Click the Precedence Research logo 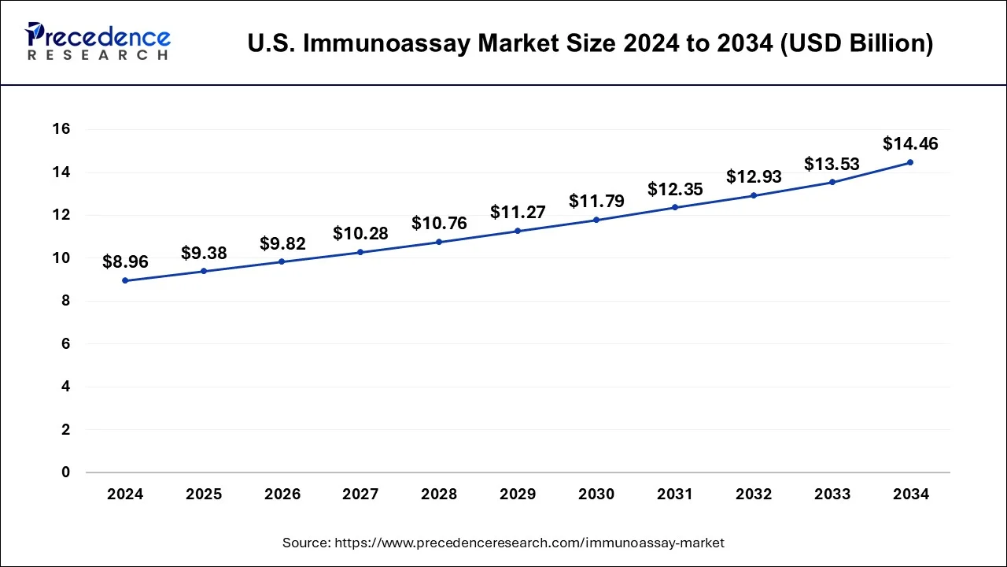pos(98,42)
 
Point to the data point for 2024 pos(125,280)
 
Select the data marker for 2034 pos(910,162)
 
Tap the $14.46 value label pos(910,143)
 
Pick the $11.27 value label pos(518,212)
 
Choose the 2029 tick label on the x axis pos(518,495)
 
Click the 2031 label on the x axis pos(675,495)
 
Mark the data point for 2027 pos(360,252)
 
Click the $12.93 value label pos(754,176)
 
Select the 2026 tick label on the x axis pos(282,495)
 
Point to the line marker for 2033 pos(832,182)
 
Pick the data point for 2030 pos(596,220)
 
